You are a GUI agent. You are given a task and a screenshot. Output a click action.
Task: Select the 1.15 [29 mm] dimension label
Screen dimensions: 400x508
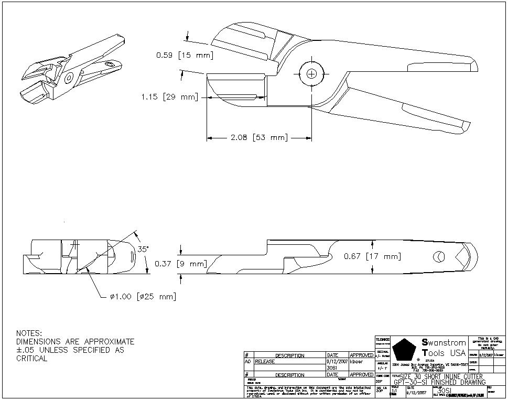pos(169,97)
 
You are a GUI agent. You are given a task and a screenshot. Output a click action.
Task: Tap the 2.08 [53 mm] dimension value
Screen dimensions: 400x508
pos(260,138)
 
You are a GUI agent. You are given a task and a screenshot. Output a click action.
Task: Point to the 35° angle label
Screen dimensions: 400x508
pos(143,250)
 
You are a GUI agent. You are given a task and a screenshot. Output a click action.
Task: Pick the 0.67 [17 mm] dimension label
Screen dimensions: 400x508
pos(372,256)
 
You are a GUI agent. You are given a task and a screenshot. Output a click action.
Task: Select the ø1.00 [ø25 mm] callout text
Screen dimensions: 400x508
pos(143,297)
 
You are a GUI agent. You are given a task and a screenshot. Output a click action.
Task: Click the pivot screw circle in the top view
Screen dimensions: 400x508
pos(311,74)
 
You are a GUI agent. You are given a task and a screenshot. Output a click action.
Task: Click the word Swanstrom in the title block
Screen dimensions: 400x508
pos(444,343)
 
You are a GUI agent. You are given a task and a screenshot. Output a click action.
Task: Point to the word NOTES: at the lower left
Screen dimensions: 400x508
pos(29,333)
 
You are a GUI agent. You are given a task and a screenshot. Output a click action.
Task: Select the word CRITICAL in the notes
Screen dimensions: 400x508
pos(32,359)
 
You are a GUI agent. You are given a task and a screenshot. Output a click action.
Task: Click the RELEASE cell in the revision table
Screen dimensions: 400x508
pos(265,362)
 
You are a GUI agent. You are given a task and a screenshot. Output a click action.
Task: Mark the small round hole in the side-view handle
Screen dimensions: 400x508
pos(438,256)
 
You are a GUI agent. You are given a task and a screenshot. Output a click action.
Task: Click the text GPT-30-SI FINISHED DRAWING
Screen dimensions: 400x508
pos(440,382)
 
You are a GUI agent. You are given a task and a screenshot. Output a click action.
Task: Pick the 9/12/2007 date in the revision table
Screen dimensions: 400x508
pos(337,362)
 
